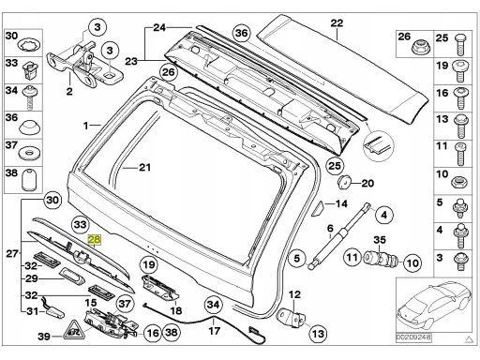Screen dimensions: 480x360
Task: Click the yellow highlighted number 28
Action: click(95, 240)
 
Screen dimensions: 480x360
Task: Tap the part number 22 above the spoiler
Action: click(337, 22)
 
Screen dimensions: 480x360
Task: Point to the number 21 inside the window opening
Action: click(144, 168)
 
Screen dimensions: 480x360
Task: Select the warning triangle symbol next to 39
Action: click(75, 330)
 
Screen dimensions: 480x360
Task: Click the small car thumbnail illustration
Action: click(434, 306)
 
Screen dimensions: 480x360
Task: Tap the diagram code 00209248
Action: click(413, 337)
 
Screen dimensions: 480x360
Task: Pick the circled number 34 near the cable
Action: click(214, 305)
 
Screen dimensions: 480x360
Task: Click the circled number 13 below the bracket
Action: click(318, 334)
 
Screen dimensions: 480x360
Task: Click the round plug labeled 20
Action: click(345, 182)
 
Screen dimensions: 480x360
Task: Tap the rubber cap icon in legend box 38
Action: click(28, 179)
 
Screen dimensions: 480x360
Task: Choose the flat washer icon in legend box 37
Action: click(28, 154)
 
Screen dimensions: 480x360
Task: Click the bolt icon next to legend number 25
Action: click(461, 43)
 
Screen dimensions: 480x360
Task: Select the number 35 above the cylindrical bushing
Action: click(380, 240)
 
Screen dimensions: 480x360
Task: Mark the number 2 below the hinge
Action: click(69, 91)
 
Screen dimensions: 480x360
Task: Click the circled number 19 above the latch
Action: click(149, 265)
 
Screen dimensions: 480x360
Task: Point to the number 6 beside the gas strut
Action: click(330, 229)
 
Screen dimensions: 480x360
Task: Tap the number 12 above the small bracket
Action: click(294, 294)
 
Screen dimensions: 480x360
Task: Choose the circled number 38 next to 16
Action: click(172, 333)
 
